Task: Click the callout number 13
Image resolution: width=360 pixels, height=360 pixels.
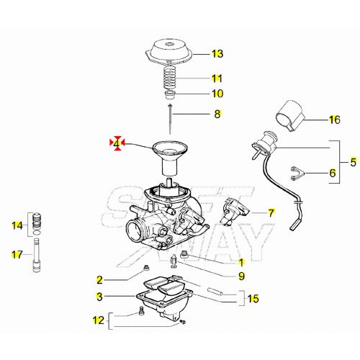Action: pyautogui.click(x=217, y=54)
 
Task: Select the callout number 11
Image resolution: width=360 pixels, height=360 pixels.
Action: pyautogui.click(x=217, y=78)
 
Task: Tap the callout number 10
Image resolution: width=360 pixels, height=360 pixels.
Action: pyautogui.click(x=217, y=94)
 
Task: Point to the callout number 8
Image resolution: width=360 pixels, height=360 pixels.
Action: pyautogui.click(x=217, y=114)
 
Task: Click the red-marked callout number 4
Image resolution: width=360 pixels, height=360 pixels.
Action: pyautogui.click(x=116, y=144)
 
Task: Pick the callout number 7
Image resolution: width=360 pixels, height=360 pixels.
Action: pyautogui.click(x=271, y=212)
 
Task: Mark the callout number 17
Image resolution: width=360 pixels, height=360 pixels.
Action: pyautogui.click(x=17, y=253)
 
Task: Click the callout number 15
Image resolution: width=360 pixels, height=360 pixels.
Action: pyautogui.click(x=252, y=298)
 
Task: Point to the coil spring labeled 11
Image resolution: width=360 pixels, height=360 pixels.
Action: pyautogui.click(x=173, y=78)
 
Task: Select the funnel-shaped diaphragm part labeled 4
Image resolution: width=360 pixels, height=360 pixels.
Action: pyautogui.click(x=171, y=155)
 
